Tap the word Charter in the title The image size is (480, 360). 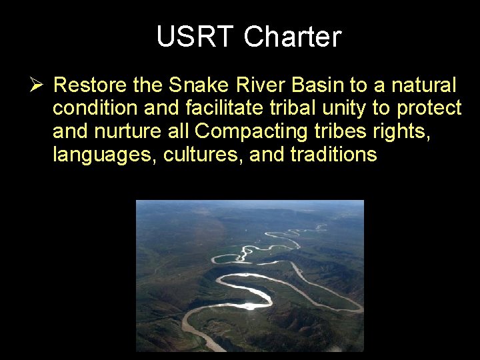pyautogui.click(x=292, y=37)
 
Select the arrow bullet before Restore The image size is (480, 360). pyautogui.click(x=36, y=85)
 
